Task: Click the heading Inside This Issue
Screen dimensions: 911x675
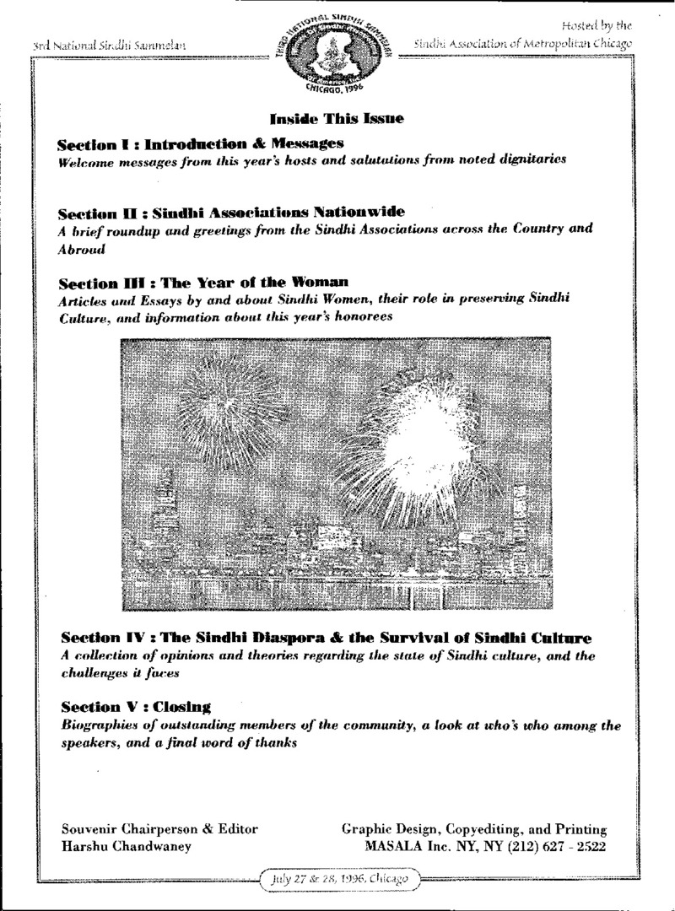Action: point(336,119)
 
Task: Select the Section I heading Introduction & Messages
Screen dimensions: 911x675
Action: point(201,143)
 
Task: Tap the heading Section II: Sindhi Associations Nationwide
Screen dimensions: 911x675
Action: point(232,211)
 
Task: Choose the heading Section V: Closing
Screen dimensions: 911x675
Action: point(136,705)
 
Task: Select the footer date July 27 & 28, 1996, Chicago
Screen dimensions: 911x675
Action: point(337,878)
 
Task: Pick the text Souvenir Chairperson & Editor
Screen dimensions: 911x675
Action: point(160,828)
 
